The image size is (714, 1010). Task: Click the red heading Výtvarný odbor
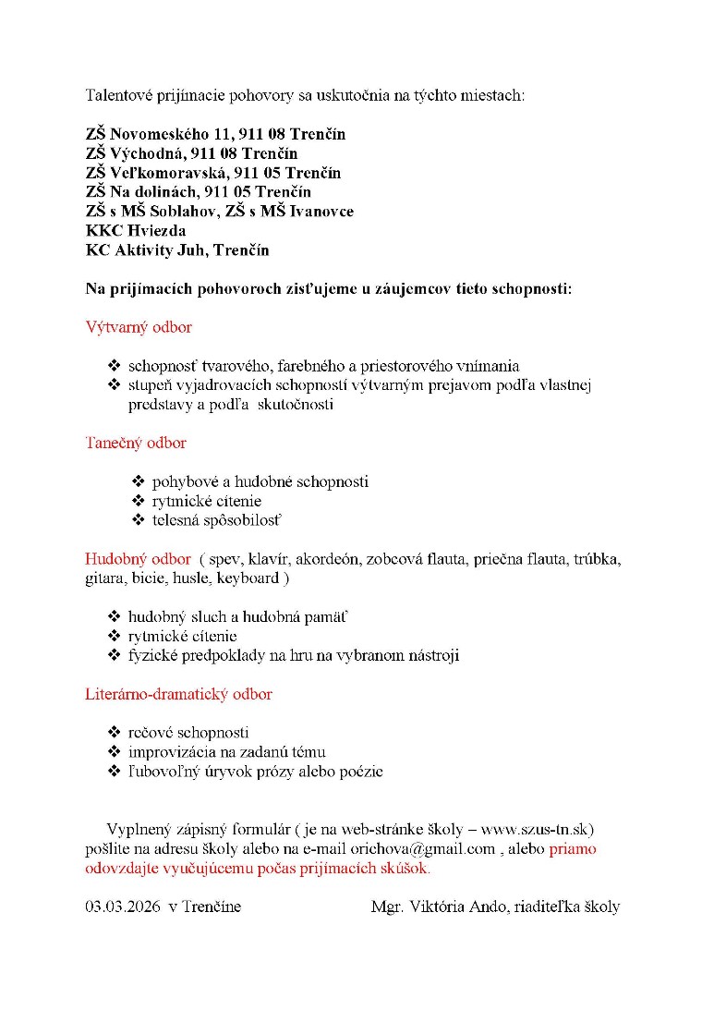click(x=139, y=327)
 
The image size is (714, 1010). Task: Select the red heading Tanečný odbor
click(x=136, y=443)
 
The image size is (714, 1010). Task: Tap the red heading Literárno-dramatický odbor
click(x=178, y=693)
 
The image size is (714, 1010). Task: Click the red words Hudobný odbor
click(x=138, y=559)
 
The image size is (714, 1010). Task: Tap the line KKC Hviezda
click(x=136, y=230)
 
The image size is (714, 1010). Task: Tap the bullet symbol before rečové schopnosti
click(x=115, y=733)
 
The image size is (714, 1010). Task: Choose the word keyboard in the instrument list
click(x=248, y=578)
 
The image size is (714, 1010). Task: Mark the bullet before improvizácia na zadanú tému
click(x=115, y=752)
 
